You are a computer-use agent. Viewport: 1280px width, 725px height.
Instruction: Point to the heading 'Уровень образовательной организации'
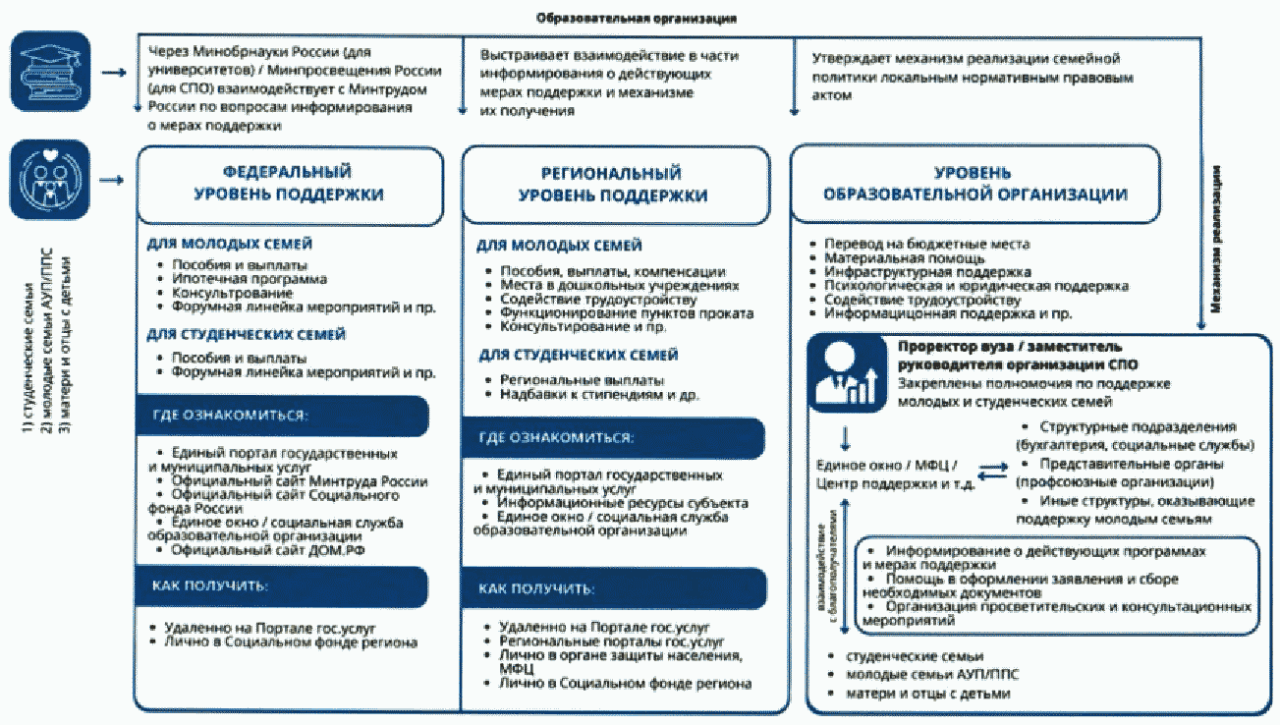(x=974, y=183)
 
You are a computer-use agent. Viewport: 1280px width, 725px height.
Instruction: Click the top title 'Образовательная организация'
(x=638, y=19)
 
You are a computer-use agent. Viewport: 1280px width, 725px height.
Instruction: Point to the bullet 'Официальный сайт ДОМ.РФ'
(x=258, y=550)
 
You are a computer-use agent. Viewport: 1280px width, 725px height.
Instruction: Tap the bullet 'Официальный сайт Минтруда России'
(x=299, y=481)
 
